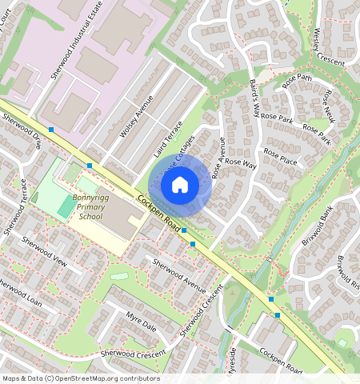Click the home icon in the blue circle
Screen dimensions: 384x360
tap(180, 186)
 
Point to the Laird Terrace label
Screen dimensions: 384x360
tap(169, 138)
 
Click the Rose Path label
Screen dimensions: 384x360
tap(297, 79)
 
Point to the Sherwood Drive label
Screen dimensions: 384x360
tap(22, 130)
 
